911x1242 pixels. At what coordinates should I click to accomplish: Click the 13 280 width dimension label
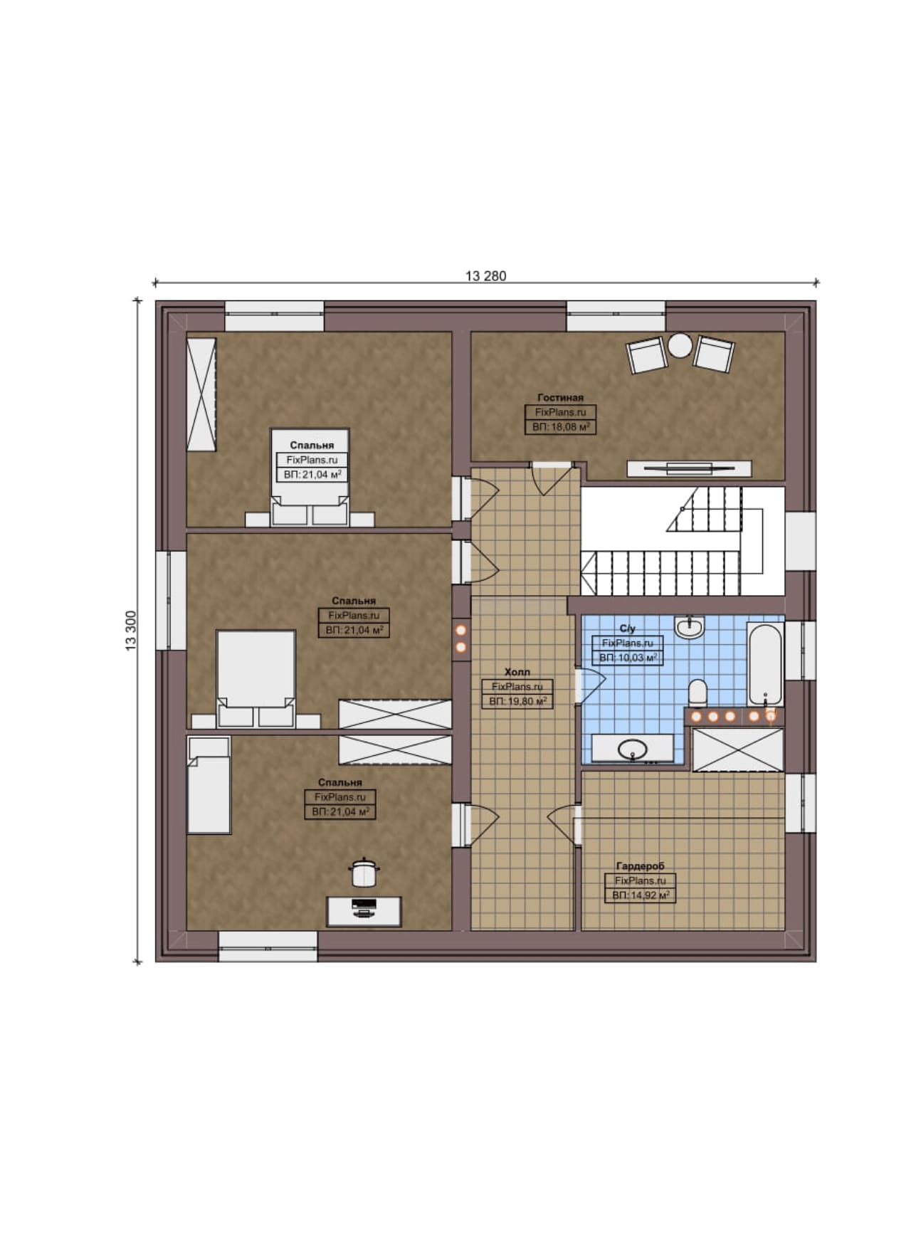(x=486, y=276)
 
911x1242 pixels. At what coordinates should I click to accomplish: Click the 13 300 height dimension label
(x=131, y=631)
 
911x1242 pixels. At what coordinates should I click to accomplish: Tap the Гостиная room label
(x=560, y=398)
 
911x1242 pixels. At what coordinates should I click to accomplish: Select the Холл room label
(x=517, y=672)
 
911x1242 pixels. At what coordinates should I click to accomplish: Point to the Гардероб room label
(x=640, y=866)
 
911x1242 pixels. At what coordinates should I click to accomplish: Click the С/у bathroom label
(x=627, y=628)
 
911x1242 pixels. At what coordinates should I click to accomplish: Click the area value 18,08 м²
(x=560, y=427)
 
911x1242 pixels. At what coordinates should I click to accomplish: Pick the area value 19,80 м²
(x=517, y=701)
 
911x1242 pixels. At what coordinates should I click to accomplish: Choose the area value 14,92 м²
(x=640, y=895)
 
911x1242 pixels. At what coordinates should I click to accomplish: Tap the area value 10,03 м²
(x=627, y=658)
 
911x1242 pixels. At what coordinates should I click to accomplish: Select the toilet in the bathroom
(x=697, y=692)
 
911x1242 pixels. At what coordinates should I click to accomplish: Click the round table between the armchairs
(x=680, y=346)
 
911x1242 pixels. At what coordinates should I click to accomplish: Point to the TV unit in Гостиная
(x=689, y=468)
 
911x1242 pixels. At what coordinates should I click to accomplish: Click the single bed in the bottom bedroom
(x=209, y=785)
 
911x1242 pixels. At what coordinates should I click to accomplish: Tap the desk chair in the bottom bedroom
(x=363, y=873)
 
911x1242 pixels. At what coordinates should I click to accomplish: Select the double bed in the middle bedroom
(x=256, y=678)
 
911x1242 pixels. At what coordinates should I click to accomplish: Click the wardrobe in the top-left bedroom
(x=201, y=394)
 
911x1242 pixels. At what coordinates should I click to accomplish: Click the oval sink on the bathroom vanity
(x=632, y=749)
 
